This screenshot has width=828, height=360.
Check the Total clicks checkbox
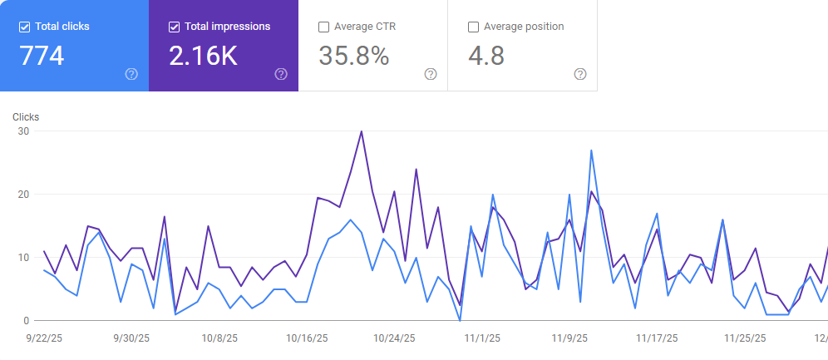pos(24,27)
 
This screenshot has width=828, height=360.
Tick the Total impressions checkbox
pos(174,27)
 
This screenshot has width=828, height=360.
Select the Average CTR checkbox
pos(323,27)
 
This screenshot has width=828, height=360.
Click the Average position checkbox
pos(473,27)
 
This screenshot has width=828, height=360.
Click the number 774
pos(42,56)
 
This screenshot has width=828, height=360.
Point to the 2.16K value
pos(203,56)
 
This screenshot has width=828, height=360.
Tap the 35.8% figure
pos(354,56)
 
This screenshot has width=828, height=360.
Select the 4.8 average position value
pos(486,56)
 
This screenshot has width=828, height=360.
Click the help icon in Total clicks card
pos(131,74)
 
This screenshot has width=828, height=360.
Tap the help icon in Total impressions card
pos(281,74)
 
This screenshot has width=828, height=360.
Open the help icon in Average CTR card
pos(431,74)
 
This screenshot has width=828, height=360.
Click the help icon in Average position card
pos(580,74)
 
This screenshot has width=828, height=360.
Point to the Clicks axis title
pos(26,117)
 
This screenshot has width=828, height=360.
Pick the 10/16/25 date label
pos(307,338)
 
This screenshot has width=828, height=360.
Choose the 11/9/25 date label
pos(569,338)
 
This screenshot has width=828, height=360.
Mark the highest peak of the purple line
pos(361,131)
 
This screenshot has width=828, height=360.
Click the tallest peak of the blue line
pos(591,150)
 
